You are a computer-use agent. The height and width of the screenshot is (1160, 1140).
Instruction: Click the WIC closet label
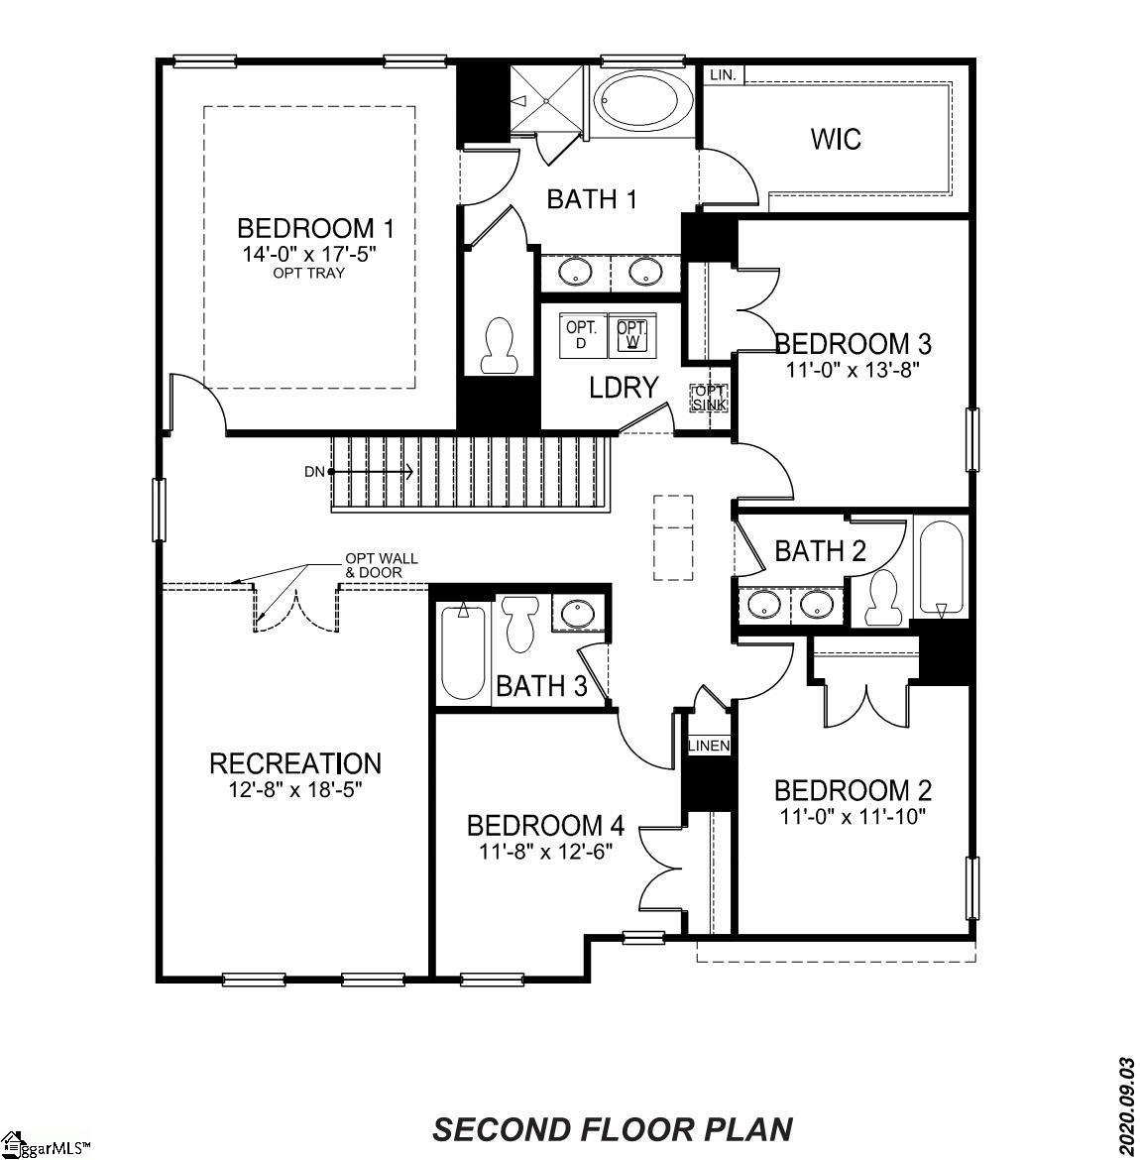click(836, 139)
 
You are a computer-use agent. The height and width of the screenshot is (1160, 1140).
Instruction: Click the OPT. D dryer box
click(579, 335)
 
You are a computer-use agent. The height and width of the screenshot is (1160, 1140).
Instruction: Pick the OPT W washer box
click(631, 335)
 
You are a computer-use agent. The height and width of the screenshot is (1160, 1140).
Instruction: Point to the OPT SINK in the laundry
click(710, 398)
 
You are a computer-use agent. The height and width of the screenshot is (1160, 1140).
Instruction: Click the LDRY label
click(624, 388)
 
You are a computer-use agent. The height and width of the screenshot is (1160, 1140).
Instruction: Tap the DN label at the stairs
click(314, 472)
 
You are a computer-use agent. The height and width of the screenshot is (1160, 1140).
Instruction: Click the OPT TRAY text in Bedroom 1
click(309, 273)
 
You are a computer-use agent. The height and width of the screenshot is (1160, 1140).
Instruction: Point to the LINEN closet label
click(709, 746)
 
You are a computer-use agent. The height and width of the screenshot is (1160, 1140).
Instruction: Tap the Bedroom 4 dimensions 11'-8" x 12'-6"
click(546, 850)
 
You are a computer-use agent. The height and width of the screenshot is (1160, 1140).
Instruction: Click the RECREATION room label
click(295, 763)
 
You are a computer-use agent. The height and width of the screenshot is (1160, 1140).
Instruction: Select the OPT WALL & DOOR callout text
click(381, 565)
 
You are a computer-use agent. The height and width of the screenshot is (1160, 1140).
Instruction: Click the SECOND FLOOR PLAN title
click(613, 1129)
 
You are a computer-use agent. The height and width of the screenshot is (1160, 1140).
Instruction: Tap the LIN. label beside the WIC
click(722, 75)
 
